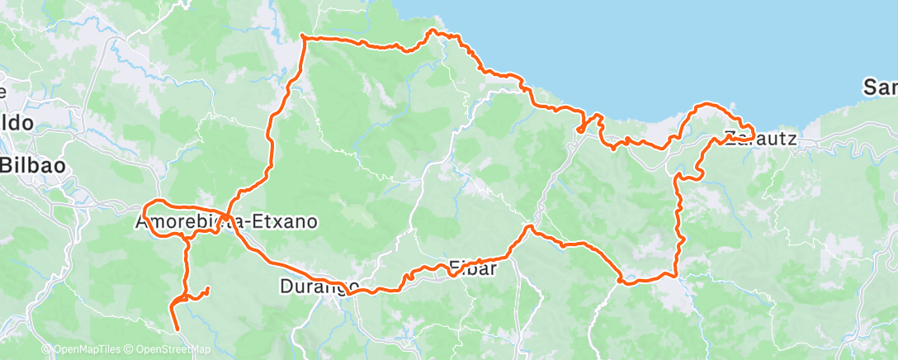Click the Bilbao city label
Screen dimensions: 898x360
(x=33, y=164)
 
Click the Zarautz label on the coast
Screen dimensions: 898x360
(x=760, y=139)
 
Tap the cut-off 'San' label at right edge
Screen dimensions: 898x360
(x=880, y=86)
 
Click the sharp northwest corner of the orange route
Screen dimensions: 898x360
(x=304, y=37)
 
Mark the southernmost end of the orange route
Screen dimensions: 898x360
(x=177, y=329)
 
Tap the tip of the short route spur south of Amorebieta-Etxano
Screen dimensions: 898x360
(x=206, y=288)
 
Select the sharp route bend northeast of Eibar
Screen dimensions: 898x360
(x=529, y=226)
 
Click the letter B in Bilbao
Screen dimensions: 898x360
(x=6, y=164)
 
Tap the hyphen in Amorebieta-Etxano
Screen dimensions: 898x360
(x=245, y=222)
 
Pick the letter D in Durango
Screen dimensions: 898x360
(x=285, y=287)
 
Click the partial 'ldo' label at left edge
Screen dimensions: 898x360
(x=17, y=123)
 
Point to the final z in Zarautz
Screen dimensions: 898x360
(x=792, y=139)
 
